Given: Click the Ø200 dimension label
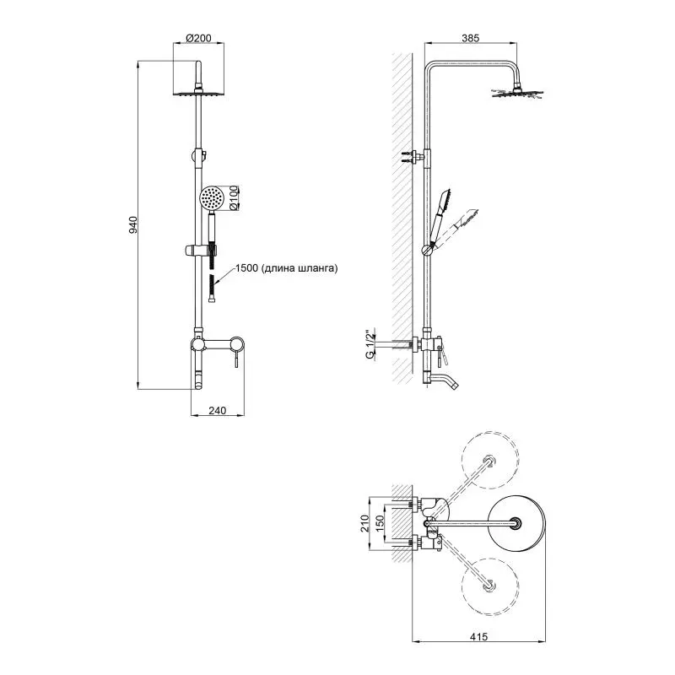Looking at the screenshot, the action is [198, 38].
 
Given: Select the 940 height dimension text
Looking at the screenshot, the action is [133, 225].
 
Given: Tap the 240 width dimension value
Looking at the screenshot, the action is [218, 411].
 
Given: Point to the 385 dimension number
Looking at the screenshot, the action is [471, 38].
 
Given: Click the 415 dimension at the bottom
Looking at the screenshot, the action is [479, 637].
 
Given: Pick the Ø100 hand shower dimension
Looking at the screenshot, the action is [234, 197].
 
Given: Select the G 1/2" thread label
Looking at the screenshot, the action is [370, 345].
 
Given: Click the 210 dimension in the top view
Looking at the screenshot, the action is [365, 523].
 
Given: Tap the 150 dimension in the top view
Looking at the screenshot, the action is [380, 523].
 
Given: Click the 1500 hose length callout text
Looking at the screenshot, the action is [286, 268].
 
